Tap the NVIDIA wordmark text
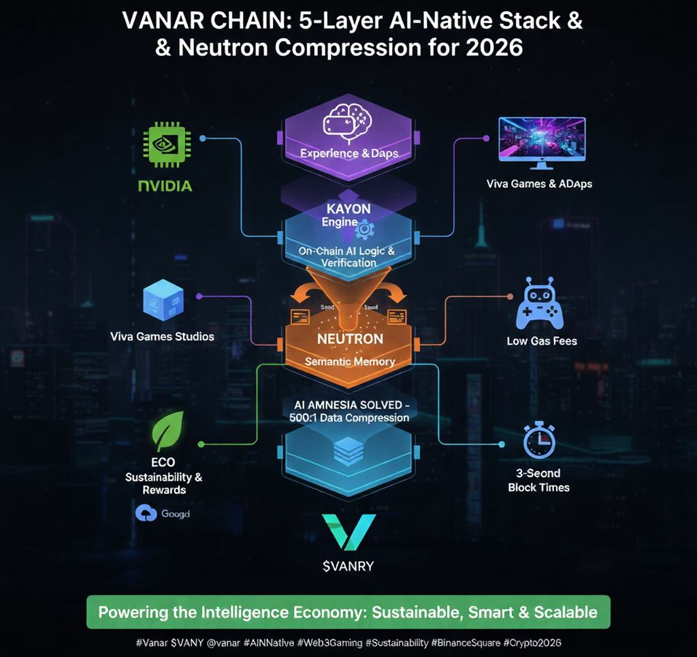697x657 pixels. (x=165, y=185)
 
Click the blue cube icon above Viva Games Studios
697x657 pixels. (x=163, y=300)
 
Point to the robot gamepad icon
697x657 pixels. (x=540, y=304)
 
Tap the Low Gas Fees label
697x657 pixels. (x=542, y=340)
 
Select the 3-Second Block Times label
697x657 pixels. (x=538, y=480)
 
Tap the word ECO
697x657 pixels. (x=163, y=462)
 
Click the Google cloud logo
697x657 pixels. (x=146, y=514)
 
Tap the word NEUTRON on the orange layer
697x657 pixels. (x=350, y=338)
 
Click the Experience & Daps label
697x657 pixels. (x=349, y=153)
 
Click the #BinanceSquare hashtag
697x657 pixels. (x=464, y=643)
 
